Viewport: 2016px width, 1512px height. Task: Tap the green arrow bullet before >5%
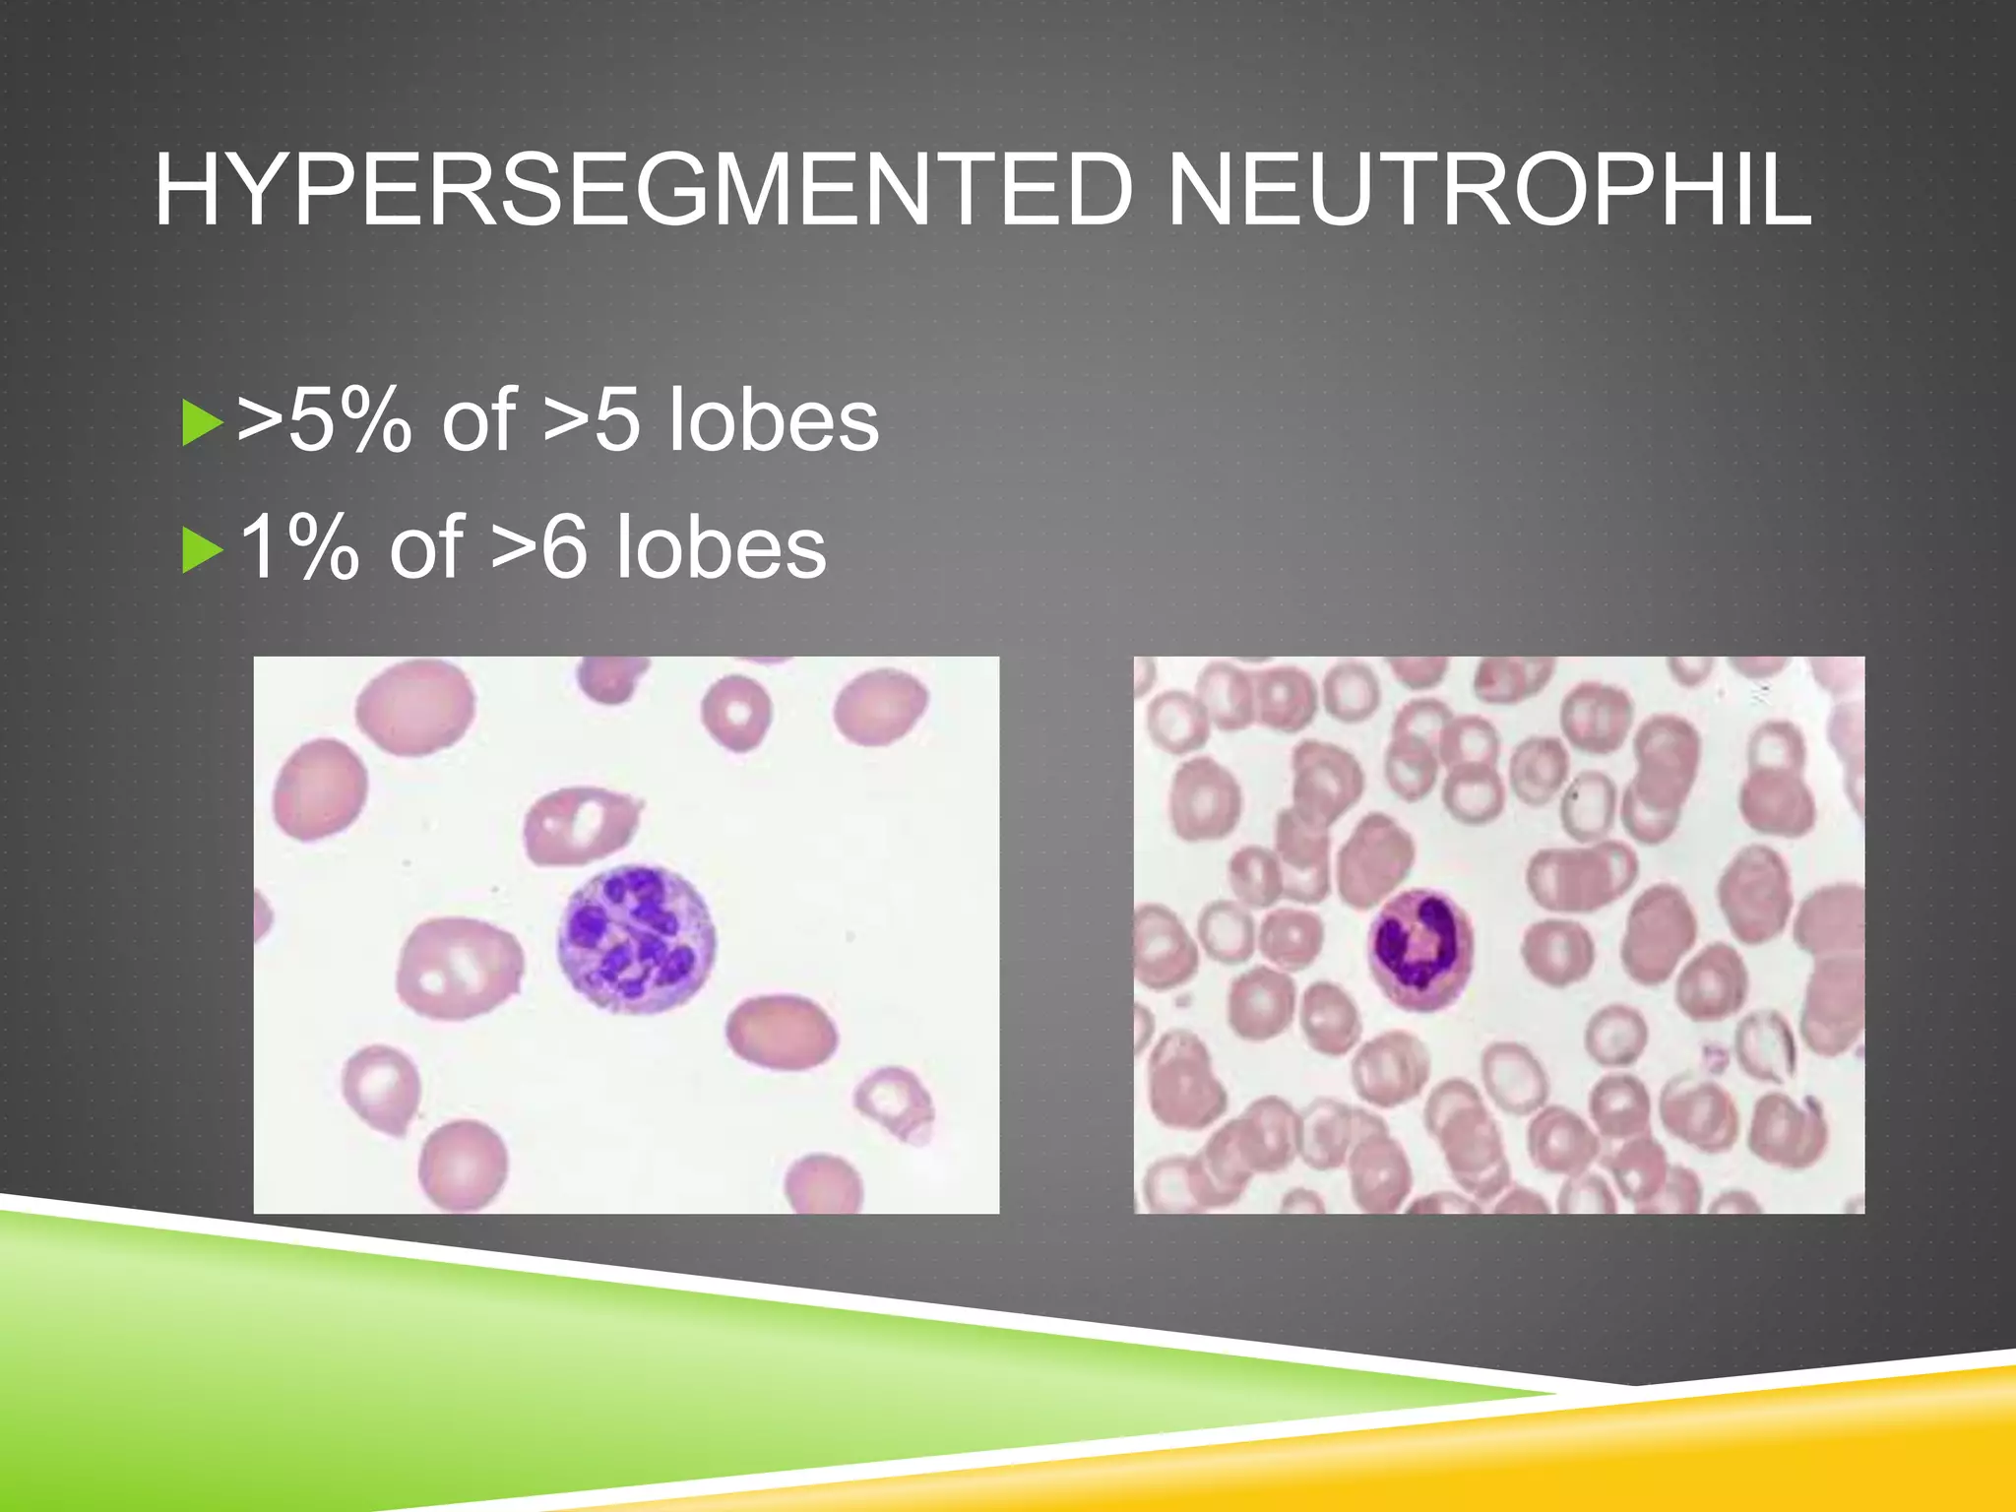click(x=200, y=422)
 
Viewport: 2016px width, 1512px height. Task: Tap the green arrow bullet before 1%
click(x=200, y=549)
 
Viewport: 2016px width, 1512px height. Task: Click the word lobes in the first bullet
click(x=773, y=420)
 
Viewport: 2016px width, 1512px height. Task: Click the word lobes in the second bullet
click(x=721, y=547)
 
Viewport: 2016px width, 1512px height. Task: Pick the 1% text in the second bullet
click(x=298, y=547)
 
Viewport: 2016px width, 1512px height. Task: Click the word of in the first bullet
click(x=478, y=420)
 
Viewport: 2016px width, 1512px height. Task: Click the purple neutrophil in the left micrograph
click(x=637, y=940)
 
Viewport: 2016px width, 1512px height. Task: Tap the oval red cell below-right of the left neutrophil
click(x=782, y=1034)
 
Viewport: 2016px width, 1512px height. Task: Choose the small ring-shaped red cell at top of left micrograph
click(x=735, y=711)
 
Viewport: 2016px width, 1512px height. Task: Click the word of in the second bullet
click(x=426, y=547)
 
